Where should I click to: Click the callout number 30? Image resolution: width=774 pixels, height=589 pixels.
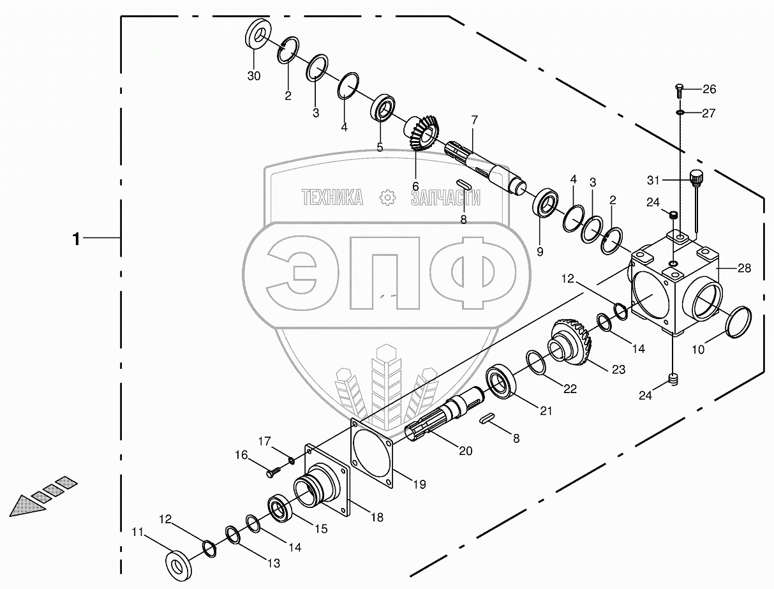tap(254, 76)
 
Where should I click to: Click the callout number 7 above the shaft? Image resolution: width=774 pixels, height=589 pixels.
tap(475, 120)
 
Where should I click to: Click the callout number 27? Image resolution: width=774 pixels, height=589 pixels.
tap(709, 113)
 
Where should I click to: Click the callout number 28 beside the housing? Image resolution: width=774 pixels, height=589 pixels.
tap(745, 268)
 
